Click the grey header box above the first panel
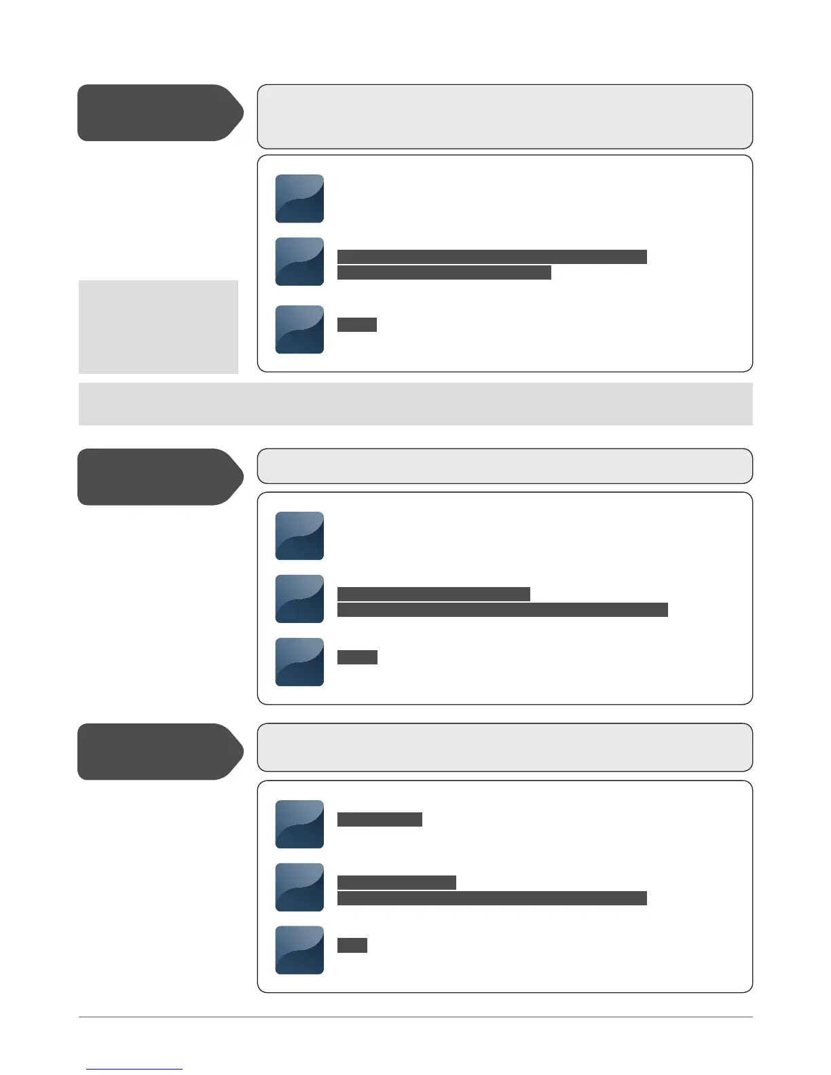tap(504, 117)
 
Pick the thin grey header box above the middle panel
tap(504, 466)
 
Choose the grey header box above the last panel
tap(504, 747)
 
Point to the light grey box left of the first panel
tap(158, 326)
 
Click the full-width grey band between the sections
tap(415, 404)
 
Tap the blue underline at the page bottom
tap(134, 1069)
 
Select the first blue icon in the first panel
tap(299, 199)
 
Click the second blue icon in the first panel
tap(299, 261)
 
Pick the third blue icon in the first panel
tap(299, 329)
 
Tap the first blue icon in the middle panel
tap(299, 536)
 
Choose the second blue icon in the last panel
tap(299, 887)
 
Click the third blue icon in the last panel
tap(299, 950)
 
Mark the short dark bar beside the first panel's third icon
tap(357, 324)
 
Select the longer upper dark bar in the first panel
tap(492, 257)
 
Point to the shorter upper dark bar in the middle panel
tap(433, 595)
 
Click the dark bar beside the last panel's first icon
tap(380, 819)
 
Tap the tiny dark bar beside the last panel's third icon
tap(352, 945)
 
